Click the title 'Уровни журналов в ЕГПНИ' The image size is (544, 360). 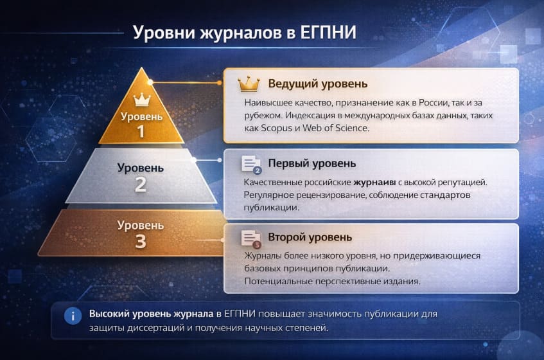(244, 33)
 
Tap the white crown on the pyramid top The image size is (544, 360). (141, 100)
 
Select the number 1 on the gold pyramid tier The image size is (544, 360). (141, 132)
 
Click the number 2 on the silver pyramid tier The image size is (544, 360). (141, 185)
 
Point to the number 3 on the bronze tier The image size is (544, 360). (141, 241)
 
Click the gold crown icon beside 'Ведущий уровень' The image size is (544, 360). (249, 84)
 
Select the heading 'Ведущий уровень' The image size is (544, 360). (317, 84)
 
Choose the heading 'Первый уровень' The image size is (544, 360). (311, 163)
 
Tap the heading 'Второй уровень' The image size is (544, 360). (310, 237)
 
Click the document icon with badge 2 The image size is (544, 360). (250, 164)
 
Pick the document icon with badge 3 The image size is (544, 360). (250, 238)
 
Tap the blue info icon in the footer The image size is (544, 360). (73, 315)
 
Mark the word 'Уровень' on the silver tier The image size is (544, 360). (141, 168)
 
